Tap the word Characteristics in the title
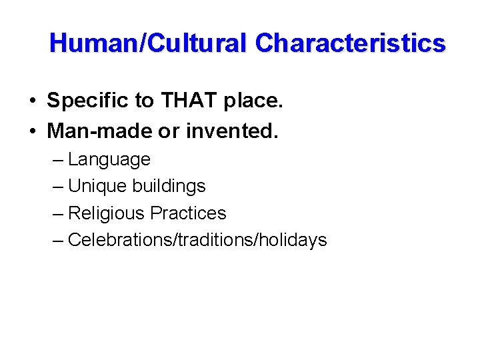click(350, 43)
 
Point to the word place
click(250, 101)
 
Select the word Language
click(109, 160)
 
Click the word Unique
click(98, 186)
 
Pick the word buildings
click(169, 186)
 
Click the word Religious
click(107, 213)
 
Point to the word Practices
click(188, 213)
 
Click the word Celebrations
click(120, 240)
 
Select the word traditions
click(213, 240)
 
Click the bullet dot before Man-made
click(32, 132)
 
